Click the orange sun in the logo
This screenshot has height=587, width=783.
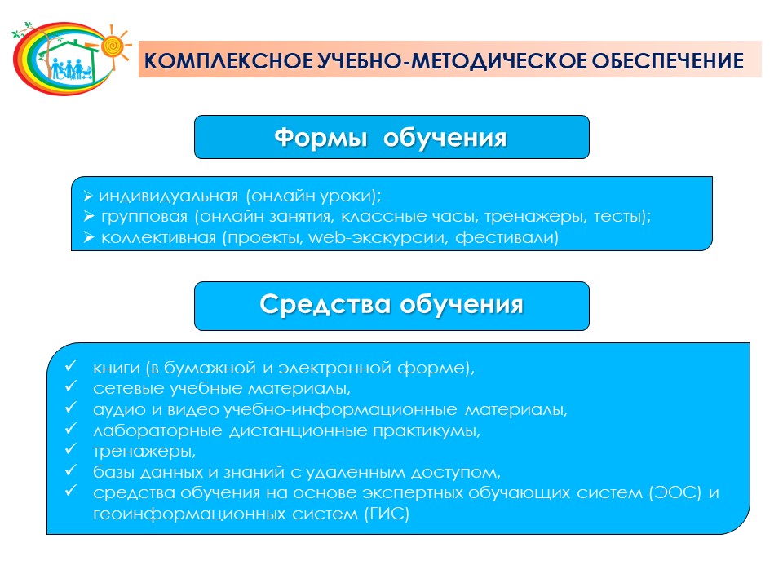click(x=113, y=46)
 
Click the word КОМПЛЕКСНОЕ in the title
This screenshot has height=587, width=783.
click(x=228, y=61)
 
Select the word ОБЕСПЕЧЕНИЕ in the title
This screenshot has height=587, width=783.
click(x=668, y=61)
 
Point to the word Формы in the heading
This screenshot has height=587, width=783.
click(x=321, y=138)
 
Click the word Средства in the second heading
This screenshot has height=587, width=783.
click(x=325, y=304)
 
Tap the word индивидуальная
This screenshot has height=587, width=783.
click(x=168, y=196)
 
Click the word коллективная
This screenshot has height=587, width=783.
click(x=158, y=237)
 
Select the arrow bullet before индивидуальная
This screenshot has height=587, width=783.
click(x=88, y=196)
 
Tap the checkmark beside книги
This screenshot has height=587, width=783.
click(x=70, y=365)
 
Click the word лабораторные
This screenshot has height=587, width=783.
click(x=157, y=430)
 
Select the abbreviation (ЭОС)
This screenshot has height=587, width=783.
click(x=675, y=493)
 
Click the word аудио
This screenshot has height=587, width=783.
click(x=120, y=410)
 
